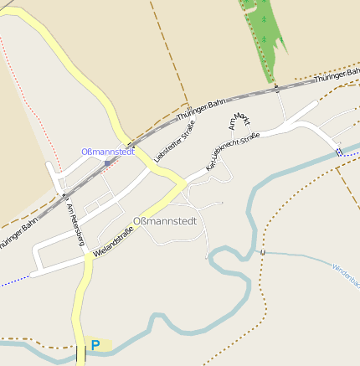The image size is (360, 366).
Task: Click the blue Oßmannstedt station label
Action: pyautogui.click(x=109, y=152)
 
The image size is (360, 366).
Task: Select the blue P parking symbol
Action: pyautogui.click(x=95, y=344)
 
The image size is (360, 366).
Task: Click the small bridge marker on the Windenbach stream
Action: pyautogui.click(x=262, y=251)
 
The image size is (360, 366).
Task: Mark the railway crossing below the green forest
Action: pyautogui.click(x=275, y=88)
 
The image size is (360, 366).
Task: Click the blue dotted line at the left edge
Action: pyautogui.click(x=13, y=283)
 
